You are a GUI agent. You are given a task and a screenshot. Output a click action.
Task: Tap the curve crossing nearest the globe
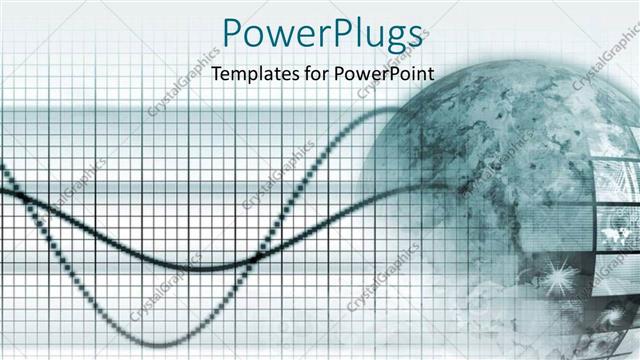258,256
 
